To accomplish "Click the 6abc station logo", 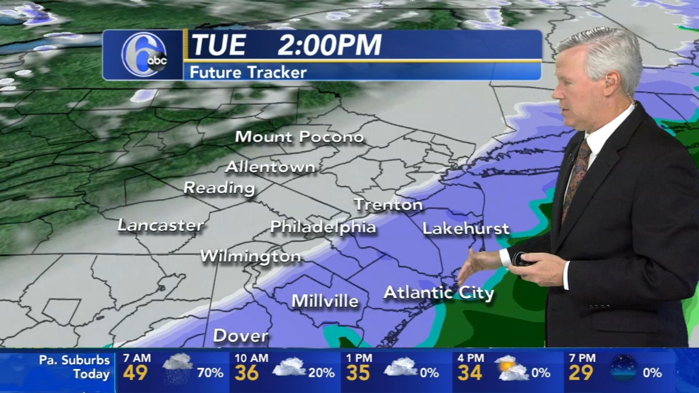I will [x=144, y=55].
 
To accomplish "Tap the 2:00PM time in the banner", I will [x=329, y=45].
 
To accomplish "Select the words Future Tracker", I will [x=248, y=72].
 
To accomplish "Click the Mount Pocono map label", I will [x=299, y=137].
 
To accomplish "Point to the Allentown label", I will [x=270, y=167].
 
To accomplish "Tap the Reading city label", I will [x=219, y=188].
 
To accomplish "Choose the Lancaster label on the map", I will [x=160, y=225].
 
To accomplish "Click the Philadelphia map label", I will [x=323, y=227].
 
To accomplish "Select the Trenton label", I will [x=388, y=205].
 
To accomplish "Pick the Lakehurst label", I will [x=466, y=229].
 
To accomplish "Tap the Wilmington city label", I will [x=250, y=256].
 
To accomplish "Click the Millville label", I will [x=325, y=301].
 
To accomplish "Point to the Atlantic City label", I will [x=439, y=293].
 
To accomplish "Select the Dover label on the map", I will [x=241, y=336].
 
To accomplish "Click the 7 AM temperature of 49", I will [x=135, y=373].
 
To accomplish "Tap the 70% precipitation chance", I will [x=210, y=373].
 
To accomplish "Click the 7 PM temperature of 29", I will [x=581, y=373].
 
